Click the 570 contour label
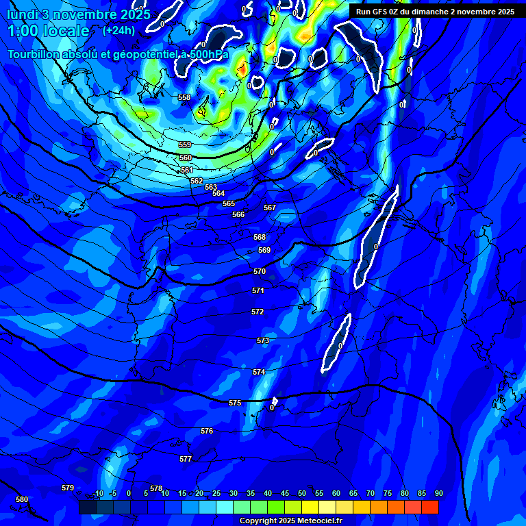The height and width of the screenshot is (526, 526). [x=260, y=272]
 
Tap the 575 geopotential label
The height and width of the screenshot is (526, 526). [x=235, y=403]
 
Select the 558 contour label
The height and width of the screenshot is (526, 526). [x=184, y=98]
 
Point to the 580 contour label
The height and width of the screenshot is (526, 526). [x=22, y=499]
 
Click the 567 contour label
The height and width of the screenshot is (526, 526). [x=270, y=208]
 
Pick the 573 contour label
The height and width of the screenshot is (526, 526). [x=263, y=340]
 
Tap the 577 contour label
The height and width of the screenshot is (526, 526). [x=186, y=459]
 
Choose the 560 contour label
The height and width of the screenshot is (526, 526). [x=186, y=158]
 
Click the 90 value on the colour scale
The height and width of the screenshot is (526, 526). [x=438, y=493]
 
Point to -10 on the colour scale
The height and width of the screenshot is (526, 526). [x=98, y=493]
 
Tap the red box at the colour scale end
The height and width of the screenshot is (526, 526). [x=429, y=507]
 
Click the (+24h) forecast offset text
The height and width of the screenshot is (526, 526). [x=119, y=30]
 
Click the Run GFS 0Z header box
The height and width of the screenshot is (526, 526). [x=436, y=12]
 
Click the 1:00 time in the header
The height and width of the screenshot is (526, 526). [x=24, y=31]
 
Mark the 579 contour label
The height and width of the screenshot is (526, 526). [x=68, y=488]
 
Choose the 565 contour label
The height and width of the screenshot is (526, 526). [x=229, y=203]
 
